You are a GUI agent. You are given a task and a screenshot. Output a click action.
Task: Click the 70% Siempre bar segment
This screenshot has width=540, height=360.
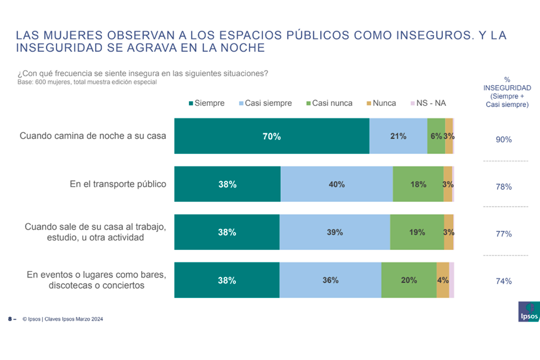[272, 136]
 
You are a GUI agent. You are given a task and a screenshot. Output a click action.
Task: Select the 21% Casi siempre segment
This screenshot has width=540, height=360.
[398, 136]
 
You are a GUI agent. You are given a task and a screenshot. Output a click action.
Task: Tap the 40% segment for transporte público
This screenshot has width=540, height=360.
[337, 184]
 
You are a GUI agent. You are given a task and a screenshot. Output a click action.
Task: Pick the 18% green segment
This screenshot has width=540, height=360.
[418, 184]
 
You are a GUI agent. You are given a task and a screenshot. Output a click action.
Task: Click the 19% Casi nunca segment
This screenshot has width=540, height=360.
[417, 232]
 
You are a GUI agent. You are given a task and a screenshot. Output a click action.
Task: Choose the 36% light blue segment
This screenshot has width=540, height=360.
[330, 280]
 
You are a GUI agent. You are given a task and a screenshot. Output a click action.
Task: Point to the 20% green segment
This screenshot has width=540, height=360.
[409, 280]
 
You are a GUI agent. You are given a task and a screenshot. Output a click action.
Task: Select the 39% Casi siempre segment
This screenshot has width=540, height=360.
[335, 232]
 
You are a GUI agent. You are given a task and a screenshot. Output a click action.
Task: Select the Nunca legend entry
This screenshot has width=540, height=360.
[380, 103]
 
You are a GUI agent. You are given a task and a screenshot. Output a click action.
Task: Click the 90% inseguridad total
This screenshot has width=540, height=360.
[504, 139]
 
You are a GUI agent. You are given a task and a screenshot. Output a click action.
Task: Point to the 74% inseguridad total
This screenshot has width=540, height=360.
[504, 281]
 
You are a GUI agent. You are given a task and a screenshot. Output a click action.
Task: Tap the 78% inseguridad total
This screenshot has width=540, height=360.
[504, 187]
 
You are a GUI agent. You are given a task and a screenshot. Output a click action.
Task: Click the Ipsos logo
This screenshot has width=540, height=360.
[528, 311]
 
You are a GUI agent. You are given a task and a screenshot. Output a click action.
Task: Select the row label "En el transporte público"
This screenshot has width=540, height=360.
[118, 184]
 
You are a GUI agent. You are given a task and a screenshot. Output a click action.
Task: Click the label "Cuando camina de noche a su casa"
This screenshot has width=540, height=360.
[93, 136]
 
